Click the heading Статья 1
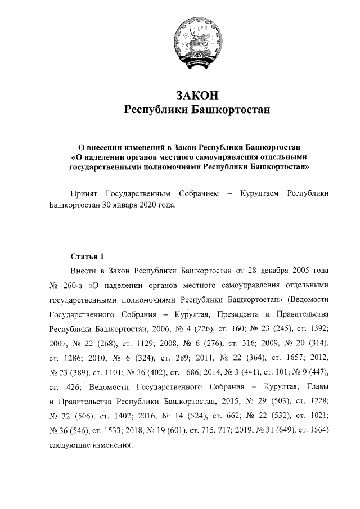[x=87, y=250]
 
